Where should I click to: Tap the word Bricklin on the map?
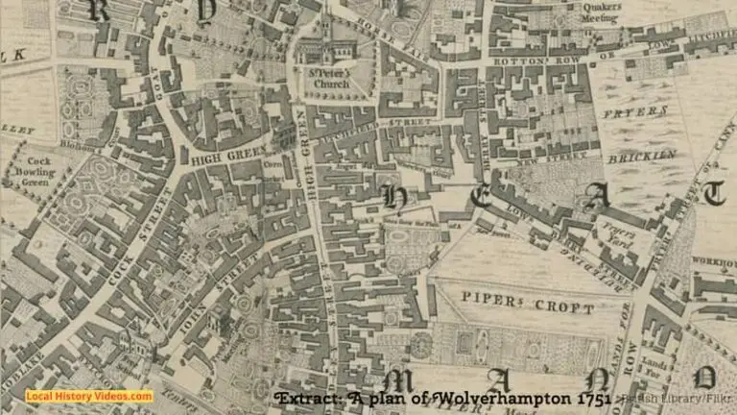[x=641, y=155]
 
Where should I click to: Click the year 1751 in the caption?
[x=594, y=398]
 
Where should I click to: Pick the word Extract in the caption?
[x=309, y=398]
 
